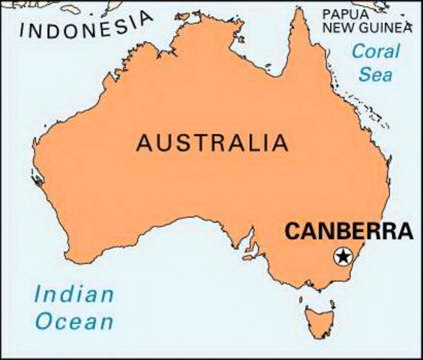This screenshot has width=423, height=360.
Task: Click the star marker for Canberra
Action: click(343, 256)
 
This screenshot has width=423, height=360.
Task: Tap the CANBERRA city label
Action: click(349, 231)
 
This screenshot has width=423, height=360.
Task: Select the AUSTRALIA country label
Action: click(211, 142)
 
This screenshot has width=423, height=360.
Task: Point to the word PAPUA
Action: click(346, 13)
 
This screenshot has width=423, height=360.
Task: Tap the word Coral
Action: click(376, 52)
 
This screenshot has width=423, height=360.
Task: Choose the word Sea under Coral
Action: click(376, 75)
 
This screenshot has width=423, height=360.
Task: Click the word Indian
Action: click(73, 294)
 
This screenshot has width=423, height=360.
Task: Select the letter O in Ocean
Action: click(46, 322)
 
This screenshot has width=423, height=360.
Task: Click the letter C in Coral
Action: click(357, 52)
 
